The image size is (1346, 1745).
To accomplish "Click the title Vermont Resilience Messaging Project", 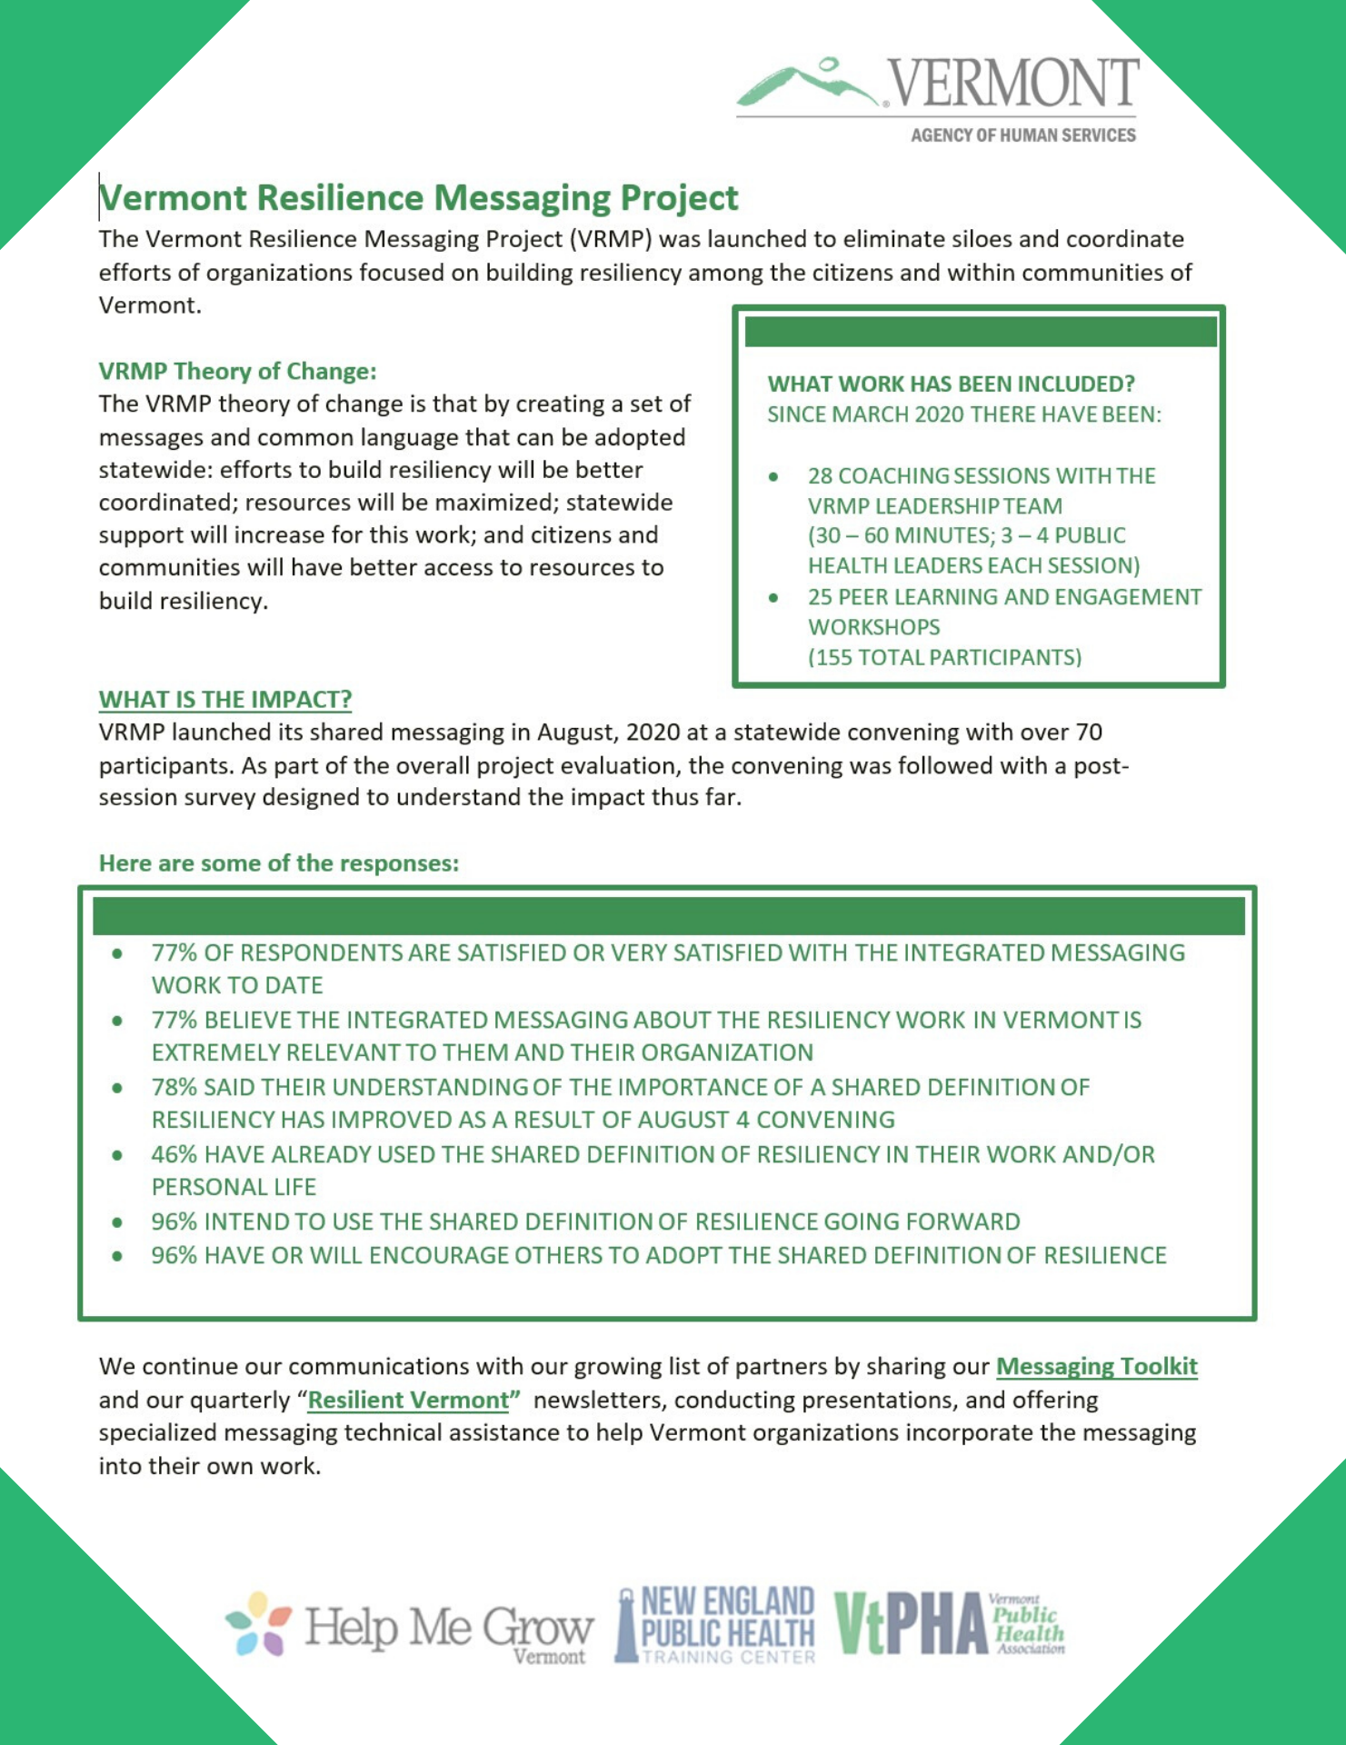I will click(419, 198).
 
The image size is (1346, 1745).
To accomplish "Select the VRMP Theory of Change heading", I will click(237, 371).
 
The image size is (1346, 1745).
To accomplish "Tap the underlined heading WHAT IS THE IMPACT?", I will click(224, 699).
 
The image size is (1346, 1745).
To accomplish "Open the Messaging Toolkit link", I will click(1096, 1366).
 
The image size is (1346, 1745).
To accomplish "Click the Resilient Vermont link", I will click(408, 1400).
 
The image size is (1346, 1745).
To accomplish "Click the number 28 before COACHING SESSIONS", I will click(820, 475).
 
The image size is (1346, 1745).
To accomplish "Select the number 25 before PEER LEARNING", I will click(820, 596).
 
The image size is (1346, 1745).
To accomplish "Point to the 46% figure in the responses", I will click(174, 1154).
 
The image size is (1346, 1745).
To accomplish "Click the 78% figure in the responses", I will click(174, 1087).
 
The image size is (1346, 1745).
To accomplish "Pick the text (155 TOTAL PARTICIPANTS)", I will click(944, 657).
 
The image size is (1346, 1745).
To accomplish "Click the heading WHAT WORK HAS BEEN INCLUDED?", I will click(951, 384).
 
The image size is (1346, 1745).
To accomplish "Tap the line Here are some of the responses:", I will click(278, 863).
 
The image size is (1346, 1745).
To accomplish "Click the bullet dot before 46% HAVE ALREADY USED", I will click(117, 1155).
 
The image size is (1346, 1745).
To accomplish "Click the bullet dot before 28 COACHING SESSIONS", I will click(773, 476).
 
